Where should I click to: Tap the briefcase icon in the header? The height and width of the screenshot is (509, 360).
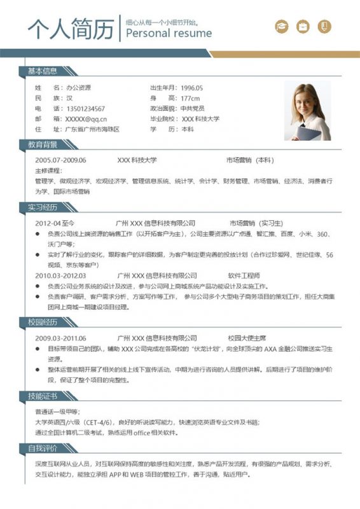click(303, 26)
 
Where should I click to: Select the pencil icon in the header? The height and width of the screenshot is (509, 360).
click(324, 26)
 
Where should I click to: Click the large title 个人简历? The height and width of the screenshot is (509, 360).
click(71, 29)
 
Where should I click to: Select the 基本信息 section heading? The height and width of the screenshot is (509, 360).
click(43, 71)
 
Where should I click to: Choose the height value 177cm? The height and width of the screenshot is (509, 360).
click(190, 99)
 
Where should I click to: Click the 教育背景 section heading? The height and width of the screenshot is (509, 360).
click(43, 144)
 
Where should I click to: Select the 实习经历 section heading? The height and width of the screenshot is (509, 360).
click(43, 207)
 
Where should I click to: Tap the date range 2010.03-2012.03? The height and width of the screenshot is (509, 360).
click(60, 275)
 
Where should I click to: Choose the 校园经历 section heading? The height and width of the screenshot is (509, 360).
click(43, 322)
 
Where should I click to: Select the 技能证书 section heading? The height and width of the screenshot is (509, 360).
click(43, 396)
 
